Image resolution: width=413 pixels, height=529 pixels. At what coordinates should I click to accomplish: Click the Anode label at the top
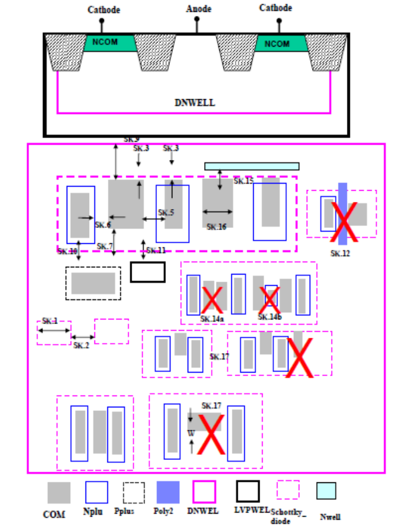click(x=198, y=9)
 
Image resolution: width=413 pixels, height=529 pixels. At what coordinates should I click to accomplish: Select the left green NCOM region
click(x=109, y=43)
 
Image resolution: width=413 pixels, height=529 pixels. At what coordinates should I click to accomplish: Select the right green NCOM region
click(x=277, y=44)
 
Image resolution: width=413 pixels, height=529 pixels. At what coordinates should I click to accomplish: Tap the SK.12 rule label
click(x=340, y=253)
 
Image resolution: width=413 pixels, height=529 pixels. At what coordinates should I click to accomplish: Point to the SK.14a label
click(x=212, y=319)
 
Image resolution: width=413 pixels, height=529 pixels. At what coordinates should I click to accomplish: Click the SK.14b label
click(x=270, y=317)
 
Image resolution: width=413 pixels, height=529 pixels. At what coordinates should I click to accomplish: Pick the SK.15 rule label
click(x=243, y=181)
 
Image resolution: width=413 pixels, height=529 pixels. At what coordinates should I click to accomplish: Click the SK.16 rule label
click(x=217, y=227)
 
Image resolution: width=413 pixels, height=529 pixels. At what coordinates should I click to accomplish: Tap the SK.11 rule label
click(x=156, y=250)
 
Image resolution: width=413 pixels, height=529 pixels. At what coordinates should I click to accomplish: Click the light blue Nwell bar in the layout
click(x=252, y=166)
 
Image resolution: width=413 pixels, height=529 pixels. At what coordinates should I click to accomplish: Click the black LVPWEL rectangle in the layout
click(x=147, y=272)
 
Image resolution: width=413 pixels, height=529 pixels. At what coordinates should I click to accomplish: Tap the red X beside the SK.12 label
click(x=343, y=221)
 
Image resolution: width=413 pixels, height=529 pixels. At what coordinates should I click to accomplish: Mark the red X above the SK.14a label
click(x=212, y=300)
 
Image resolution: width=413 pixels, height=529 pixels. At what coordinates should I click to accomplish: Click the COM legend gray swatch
click(x=59, y=493)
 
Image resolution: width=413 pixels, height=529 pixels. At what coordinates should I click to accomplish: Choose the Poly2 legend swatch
click(x=168, y=492)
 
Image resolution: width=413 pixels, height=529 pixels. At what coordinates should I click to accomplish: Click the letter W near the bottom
click(x=191, y=433)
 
